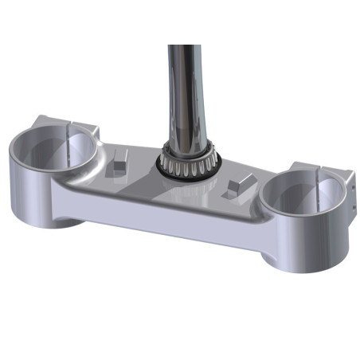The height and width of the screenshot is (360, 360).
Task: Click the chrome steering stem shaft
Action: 185,88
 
